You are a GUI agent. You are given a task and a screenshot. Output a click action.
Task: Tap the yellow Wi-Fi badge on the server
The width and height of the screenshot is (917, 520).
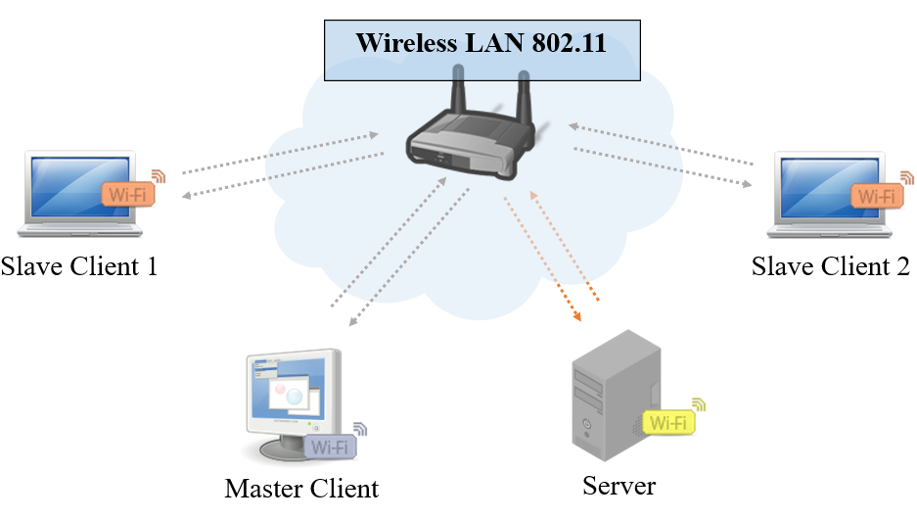click(x=669, y=423)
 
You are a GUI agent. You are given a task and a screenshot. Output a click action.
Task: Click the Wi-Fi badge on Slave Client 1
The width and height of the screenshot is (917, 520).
click(x=129, y=193)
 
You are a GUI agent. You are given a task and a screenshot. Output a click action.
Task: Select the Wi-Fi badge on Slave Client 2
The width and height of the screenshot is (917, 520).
click(x=876, y=195)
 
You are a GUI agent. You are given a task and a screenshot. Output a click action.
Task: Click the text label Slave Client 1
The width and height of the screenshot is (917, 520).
click(x=79, y=266)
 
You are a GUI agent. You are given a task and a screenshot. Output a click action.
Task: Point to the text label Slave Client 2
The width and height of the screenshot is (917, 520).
click(x=830, y=266)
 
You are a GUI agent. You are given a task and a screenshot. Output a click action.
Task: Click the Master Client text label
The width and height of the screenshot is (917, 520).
click(x=301, y=488)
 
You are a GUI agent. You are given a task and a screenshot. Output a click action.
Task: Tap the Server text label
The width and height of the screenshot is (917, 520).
click(x=619, y=485)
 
